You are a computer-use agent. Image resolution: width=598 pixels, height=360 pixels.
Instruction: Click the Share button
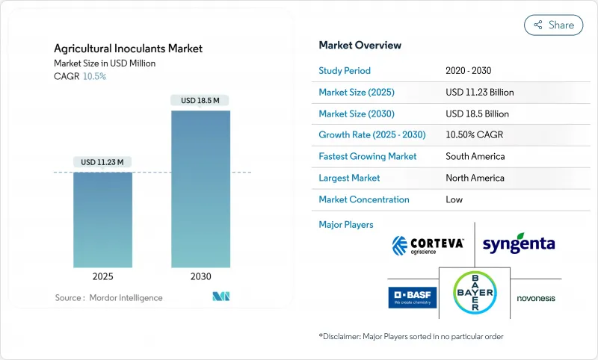click(553, 25)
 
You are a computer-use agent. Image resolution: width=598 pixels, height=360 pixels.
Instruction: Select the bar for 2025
click(102, 220)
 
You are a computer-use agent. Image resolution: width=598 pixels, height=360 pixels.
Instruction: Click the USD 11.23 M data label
click(102, 162)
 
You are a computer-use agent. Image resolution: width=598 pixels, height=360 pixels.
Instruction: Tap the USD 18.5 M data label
click(200, 100)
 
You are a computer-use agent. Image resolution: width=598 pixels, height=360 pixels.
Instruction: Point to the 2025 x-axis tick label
click(102, 276)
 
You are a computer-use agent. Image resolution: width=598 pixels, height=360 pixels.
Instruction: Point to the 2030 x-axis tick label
click(200, 276)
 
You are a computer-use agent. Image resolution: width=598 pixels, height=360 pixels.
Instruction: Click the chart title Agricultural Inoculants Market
click(128, 49)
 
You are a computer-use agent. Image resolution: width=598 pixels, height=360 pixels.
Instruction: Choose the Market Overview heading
click(360, 45)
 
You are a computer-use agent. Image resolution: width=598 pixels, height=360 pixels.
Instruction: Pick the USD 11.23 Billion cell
click(479, 93)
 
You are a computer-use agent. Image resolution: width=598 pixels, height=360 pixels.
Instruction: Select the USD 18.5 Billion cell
click(477, 114)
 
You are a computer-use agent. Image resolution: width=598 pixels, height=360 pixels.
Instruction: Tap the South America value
click(475, 157)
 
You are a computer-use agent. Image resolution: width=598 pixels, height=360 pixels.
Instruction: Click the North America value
click(475, 179)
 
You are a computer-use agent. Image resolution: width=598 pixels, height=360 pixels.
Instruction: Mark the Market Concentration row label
click(364, 200)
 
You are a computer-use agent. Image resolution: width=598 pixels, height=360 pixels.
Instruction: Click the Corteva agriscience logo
click(428, 244)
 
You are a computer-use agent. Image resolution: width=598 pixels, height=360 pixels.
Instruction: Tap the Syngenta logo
click(519, 244)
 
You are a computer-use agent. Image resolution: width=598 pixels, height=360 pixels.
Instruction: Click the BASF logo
click(412, 297)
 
